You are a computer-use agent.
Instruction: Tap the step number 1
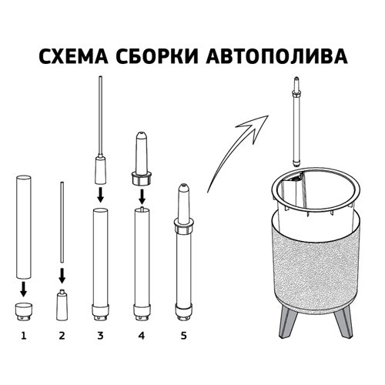[23, 336]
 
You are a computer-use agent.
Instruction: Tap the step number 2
[62, 336]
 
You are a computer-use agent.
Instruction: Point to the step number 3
[100, 336]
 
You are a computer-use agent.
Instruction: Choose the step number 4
[141, 336]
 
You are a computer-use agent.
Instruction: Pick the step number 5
[182, 336]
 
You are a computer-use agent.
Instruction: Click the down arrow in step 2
[62, 273]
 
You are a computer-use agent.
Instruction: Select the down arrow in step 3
[100, 194]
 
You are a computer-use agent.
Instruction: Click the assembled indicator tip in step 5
[182, 202]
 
